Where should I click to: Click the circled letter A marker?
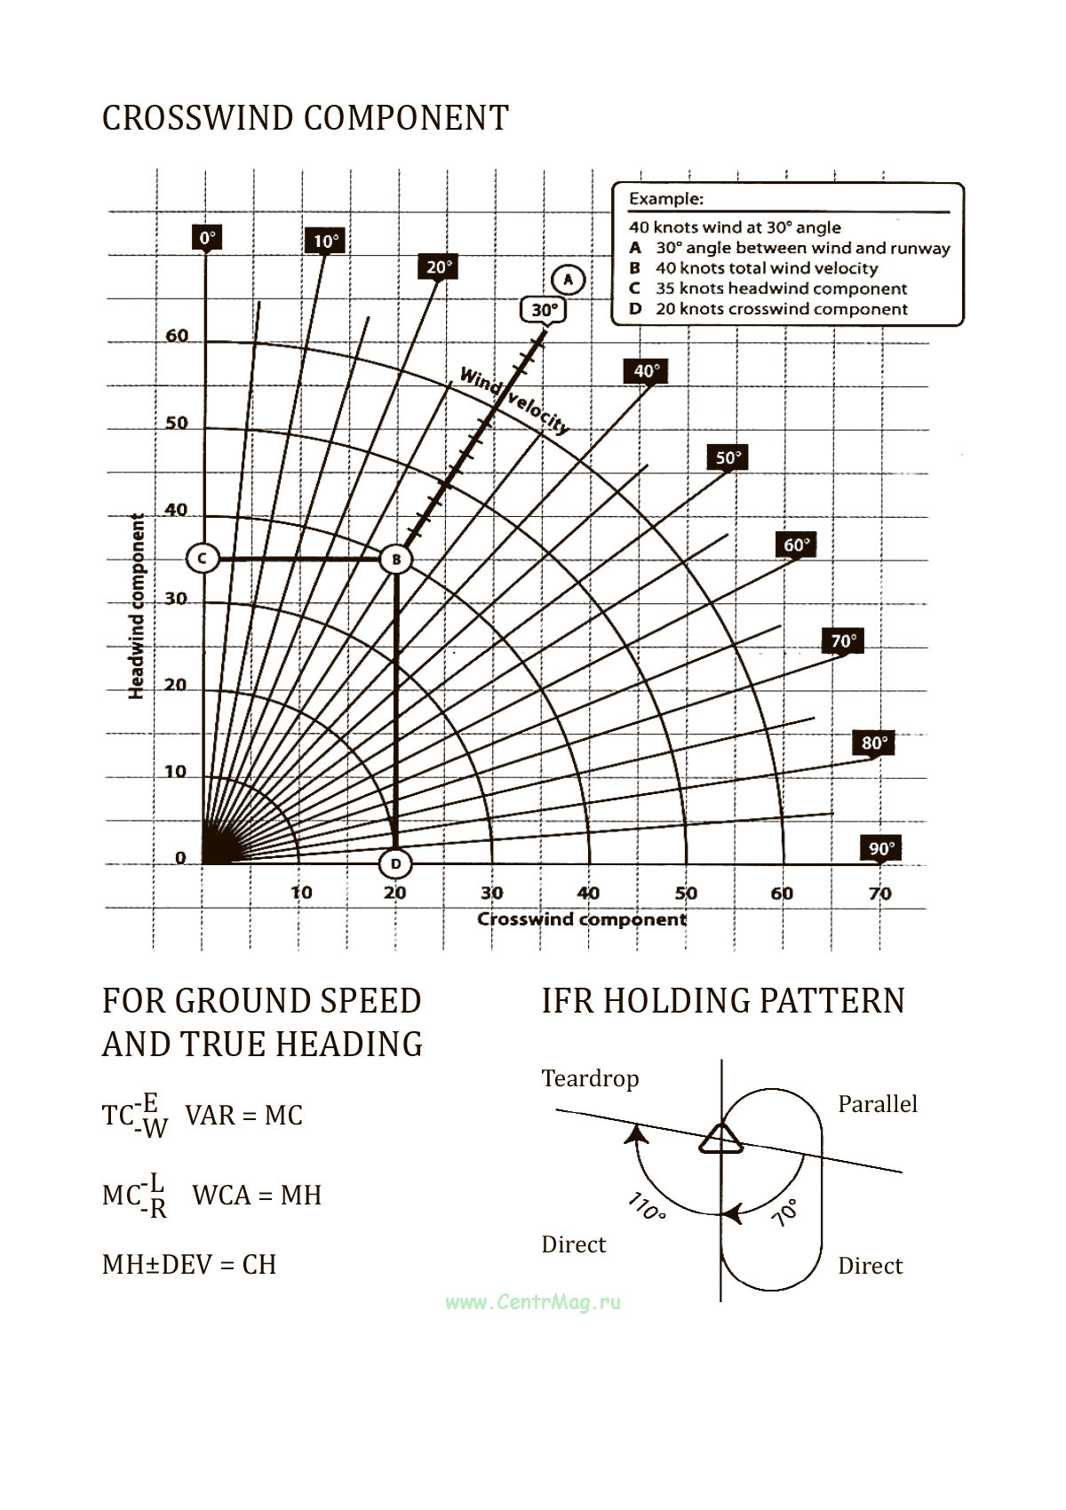coord(569,281)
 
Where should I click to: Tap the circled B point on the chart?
coord(395,560)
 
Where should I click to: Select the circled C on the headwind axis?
coord(203,559)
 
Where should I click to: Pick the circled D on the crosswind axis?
coord(395,863)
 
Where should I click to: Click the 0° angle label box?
coord(206,238)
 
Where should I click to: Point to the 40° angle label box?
coord(646,371)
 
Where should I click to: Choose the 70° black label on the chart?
coord(843,641)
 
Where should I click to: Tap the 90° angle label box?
coord(881,848)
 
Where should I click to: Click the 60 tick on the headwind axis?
coord(177,337)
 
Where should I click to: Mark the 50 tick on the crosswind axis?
coord(686,894)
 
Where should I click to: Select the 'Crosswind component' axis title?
coord(582,919)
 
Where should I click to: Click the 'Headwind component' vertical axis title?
coord(137,607)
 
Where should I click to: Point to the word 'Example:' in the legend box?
coord(666,199)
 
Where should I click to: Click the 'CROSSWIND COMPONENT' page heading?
coord(305,118)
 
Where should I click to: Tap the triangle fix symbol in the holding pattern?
coord(720,1139)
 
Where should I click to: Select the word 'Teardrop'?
coord(590,1079)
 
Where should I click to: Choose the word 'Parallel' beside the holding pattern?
coord(877,1104)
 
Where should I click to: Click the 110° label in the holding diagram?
coord(647,1208)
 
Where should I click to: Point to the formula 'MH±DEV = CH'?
coord(189,1264)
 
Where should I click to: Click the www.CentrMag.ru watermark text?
coord(533,1302)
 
